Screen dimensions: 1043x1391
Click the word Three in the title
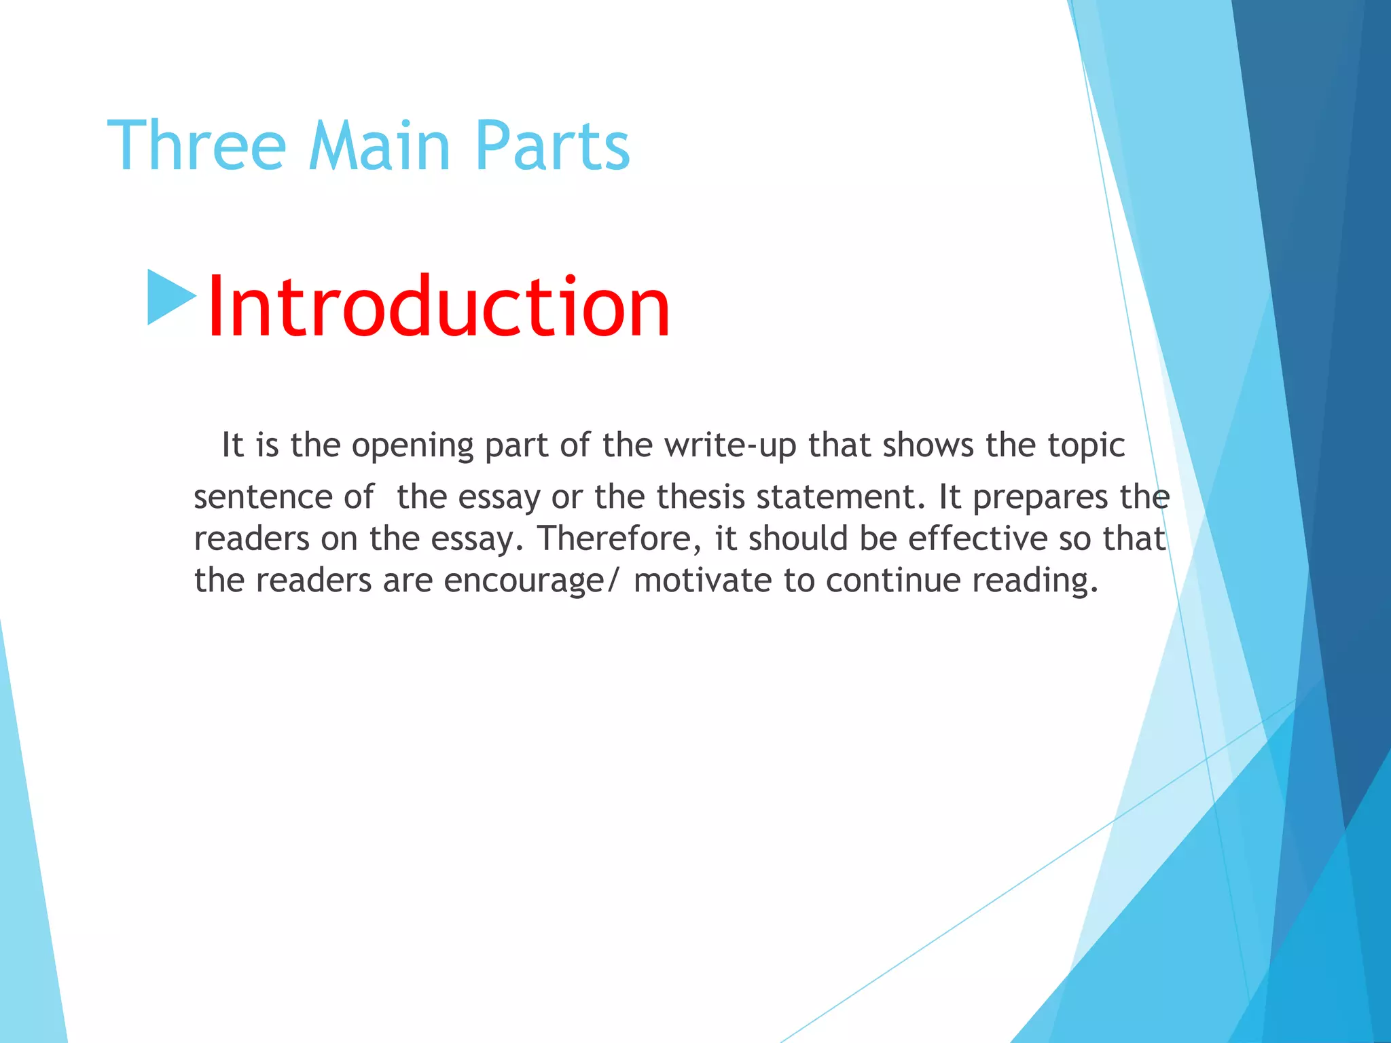[x=196, y=145]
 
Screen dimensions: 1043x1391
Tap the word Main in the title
[x=379, y=145]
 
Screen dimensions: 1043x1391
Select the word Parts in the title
[x=552, y=147]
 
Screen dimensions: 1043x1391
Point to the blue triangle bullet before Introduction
[x=170, y=297]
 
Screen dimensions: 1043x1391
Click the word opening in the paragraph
[x=412, y=447]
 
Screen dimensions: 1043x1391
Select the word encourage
[x=523, y=581]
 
